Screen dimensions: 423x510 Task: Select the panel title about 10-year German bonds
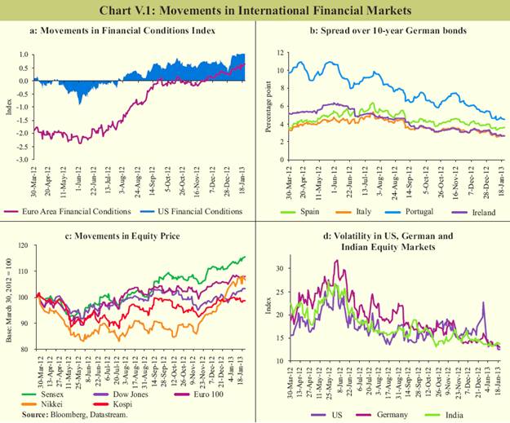tap(382, 32)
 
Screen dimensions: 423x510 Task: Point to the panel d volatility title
tap(382, 241)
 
